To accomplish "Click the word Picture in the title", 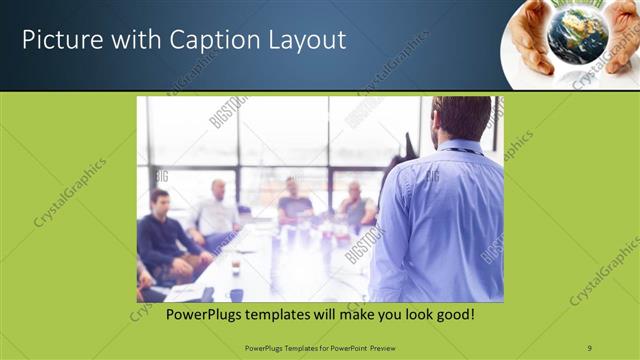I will (58, 41).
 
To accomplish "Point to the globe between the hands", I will (577, 37).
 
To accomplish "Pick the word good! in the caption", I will (454, 315).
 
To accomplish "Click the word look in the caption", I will (411, 315).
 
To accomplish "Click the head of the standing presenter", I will (461, 118).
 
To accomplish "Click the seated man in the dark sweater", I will (160, 235).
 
